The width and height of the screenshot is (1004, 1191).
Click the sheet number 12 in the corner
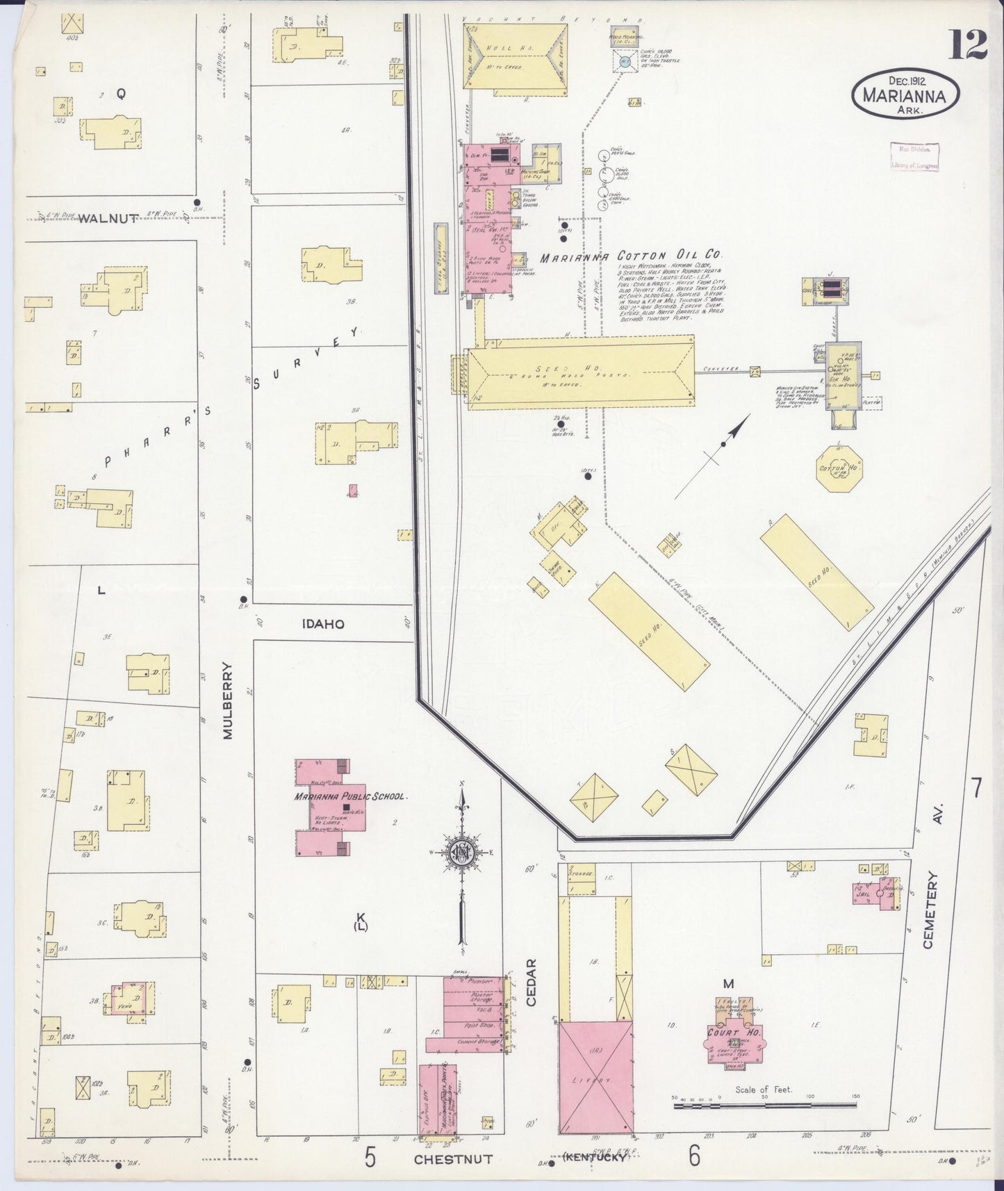[966, 46]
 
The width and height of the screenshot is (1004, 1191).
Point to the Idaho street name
[323, 624]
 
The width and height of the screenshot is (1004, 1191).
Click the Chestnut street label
[453, 1159]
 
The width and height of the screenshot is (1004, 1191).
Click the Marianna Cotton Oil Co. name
[632, 256]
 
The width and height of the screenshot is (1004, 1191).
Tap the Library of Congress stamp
[914, 156]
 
